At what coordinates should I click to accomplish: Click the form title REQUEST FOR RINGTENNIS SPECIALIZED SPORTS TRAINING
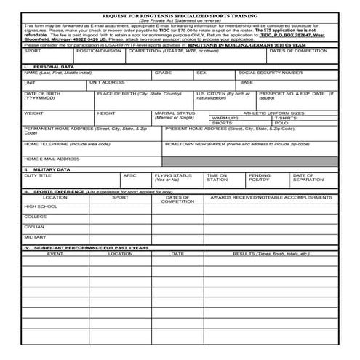(180, 15)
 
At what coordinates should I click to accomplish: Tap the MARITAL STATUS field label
(175, 113)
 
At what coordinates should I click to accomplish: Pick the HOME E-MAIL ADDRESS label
(52, 158)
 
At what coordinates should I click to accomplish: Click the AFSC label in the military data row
(129, 175)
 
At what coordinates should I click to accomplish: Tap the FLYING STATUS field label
(173, 175)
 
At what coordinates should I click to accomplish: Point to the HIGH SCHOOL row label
(41, 207)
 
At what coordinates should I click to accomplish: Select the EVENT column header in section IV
(55, 254)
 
